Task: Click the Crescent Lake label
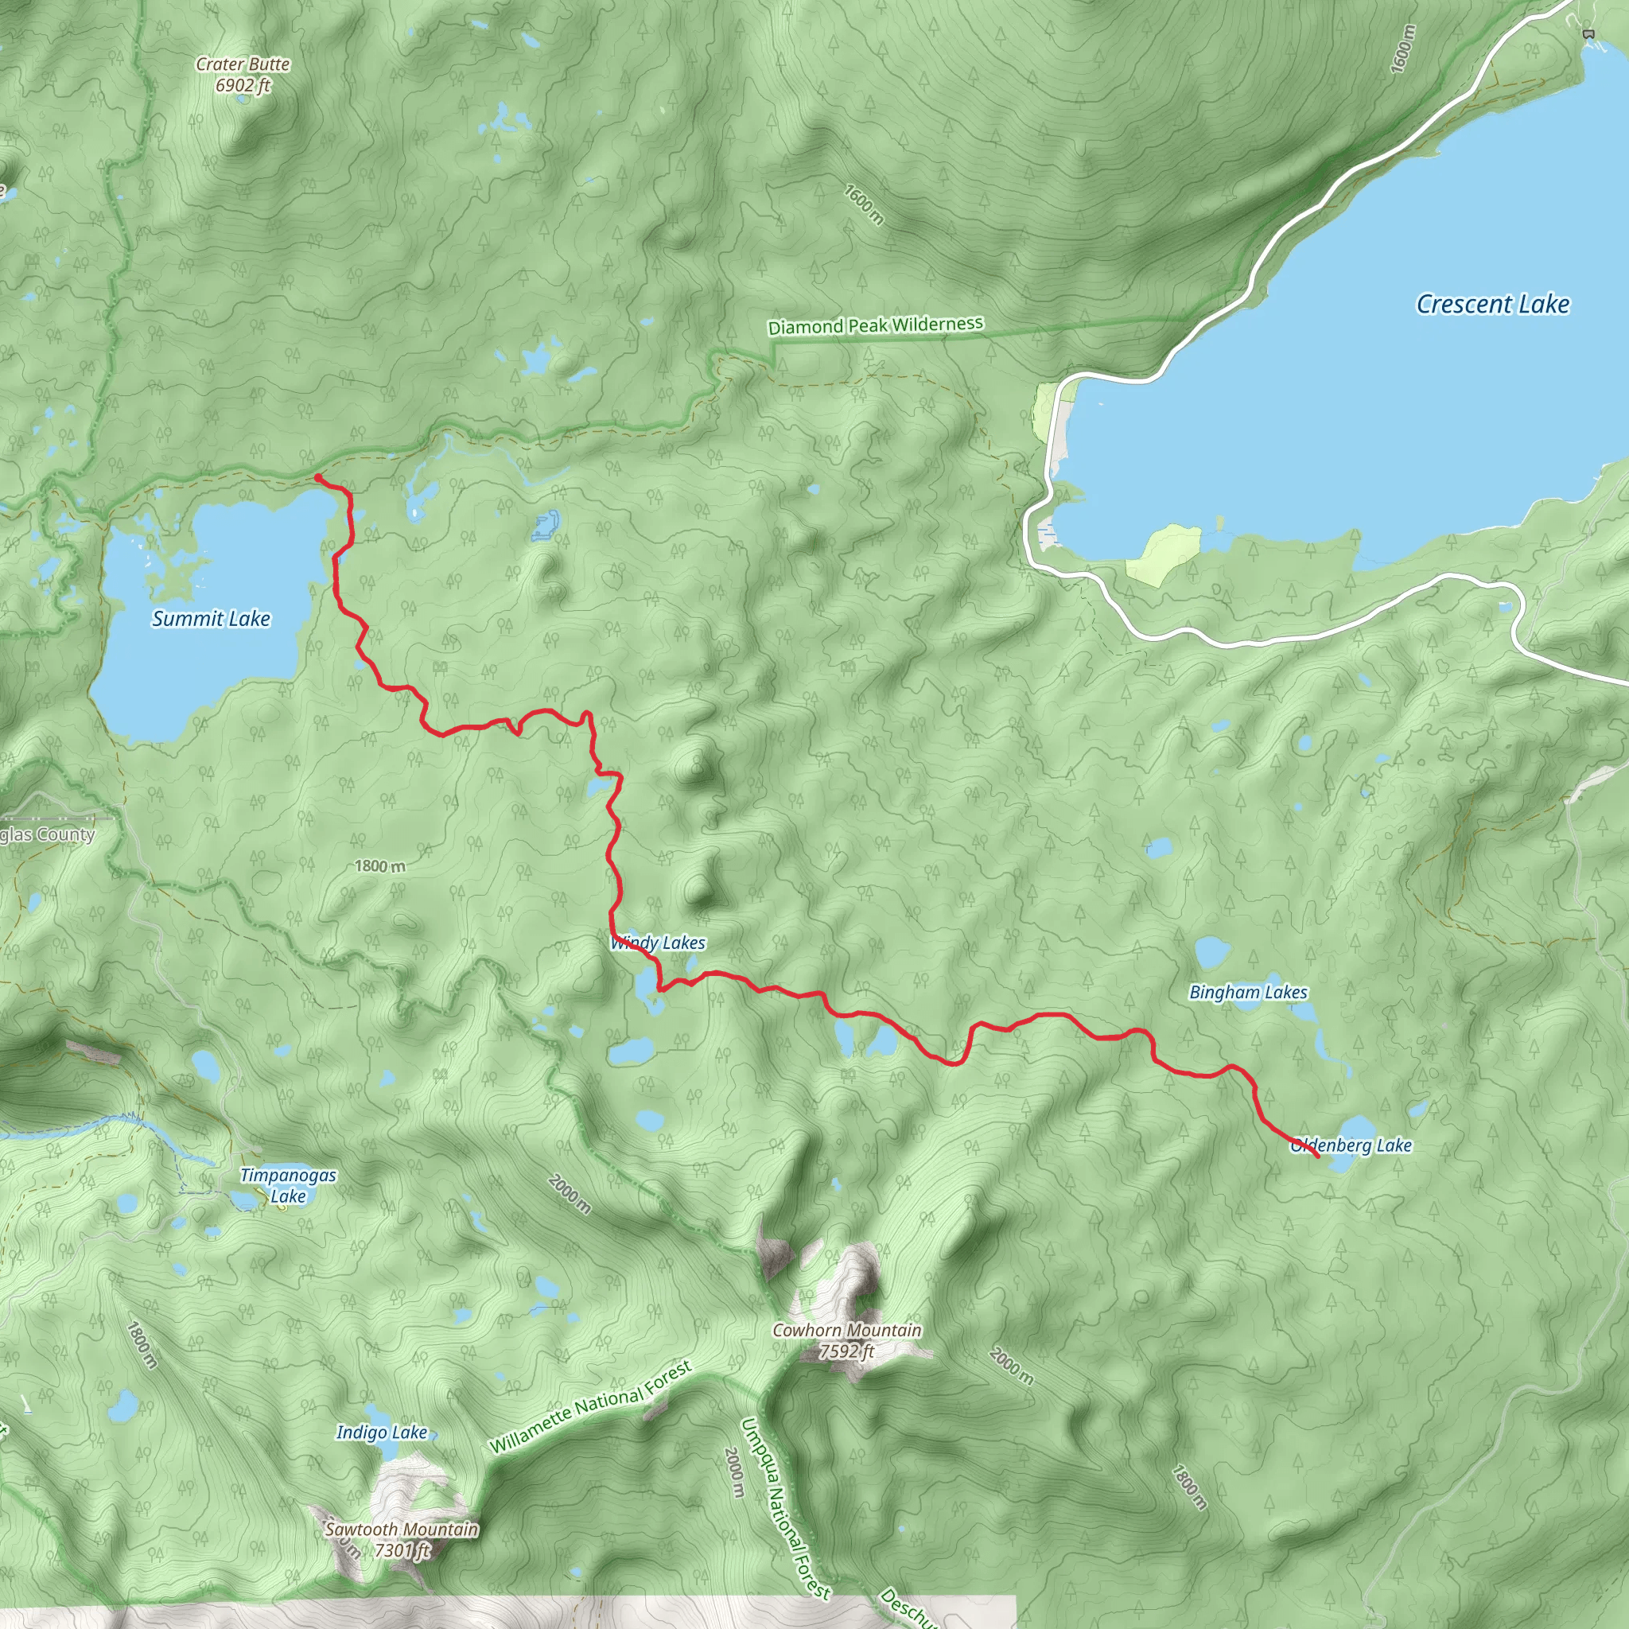(x=1492, y=305)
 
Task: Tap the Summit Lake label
(x=211, y=619)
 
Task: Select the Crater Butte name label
(x=243, y=64)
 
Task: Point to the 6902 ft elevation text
(x=243, y=85)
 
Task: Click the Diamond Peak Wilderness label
(x=875, y=325)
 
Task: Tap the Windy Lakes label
(x=659, y=943)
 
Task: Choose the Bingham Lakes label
(x=1248, y=993)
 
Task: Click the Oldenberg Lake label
(x=1351, y=1145)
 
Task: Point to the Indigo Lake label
(x=382, y=1432)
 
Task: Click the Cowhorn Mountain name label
(x=847, y=1330)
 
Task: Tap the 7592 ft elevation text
(x=847, y=1351)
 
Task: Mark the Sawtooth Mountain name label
(x=402, y=1529)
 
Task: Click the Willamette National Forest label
(x=591, y=1407)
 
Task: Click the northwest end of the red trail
(x=317, y=477)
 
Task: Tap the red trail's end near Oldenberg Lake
(x=1317, y=1157)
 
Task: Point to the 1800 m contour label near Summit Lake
(x=379, y=866)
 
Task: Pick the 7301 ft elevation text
(x=402, y=1549)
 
